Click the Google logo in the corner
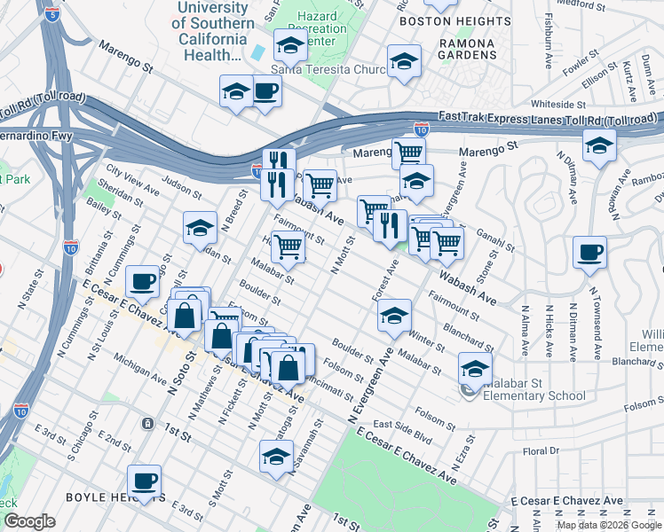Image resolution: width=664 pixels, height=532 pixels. (x=29, y=521)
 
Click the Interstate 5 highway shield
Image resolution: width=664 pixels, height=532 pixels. (x=51, y=15)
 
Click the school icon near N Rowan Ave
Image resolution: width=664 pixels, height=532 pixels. (x=599, y=145)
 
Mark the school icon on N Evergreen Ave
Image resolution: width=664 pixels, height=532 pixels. (x=393, y=316)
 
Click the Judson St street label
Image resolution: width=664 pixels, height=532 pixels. (x=182, y=185)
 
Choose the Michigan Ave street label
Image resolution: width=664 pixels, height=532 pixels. (x=138, y=374)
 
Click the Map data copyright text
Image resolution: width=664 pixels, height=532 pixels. (x=608, y=524)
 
